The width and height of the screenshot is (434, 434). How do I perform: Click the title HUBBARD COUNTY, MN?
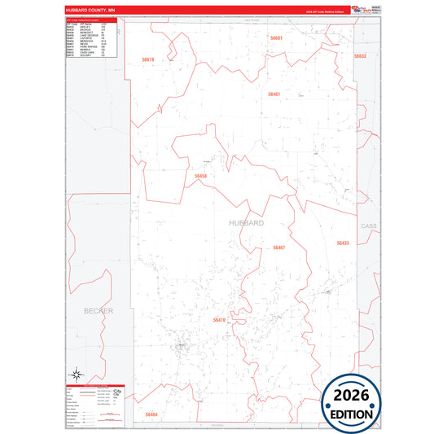tap(91, 12)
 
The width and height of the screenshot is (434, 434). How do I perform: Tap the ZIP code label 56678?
tap(147, 59)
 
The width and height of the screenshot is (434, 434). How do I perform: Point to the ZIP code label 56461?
tap(274, 94)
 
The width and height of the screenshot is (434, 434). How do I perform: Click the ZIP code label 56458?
tap(201, 176)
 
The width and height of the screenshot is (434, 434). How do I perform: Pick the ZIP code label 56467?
tap(279, 248)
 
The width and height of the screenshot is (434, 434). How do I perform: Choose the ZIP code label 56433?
tap(342, 243)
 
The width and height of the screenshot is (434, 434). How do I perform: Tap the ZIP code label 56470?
tap(218, 321)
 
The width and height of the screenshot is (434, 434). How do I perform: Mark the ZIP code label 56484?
tap(151, 414)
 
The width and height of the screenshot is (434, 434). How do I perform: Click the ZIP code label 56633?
tap(360, 56)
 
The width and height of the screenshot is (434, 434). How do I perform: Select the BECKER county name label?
tap(99, 311)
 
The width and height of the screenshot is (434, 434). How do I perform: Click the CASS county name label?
tap(368, 226)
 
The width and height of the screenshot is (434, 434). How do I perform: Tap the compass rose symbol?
tap(77, 375)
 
